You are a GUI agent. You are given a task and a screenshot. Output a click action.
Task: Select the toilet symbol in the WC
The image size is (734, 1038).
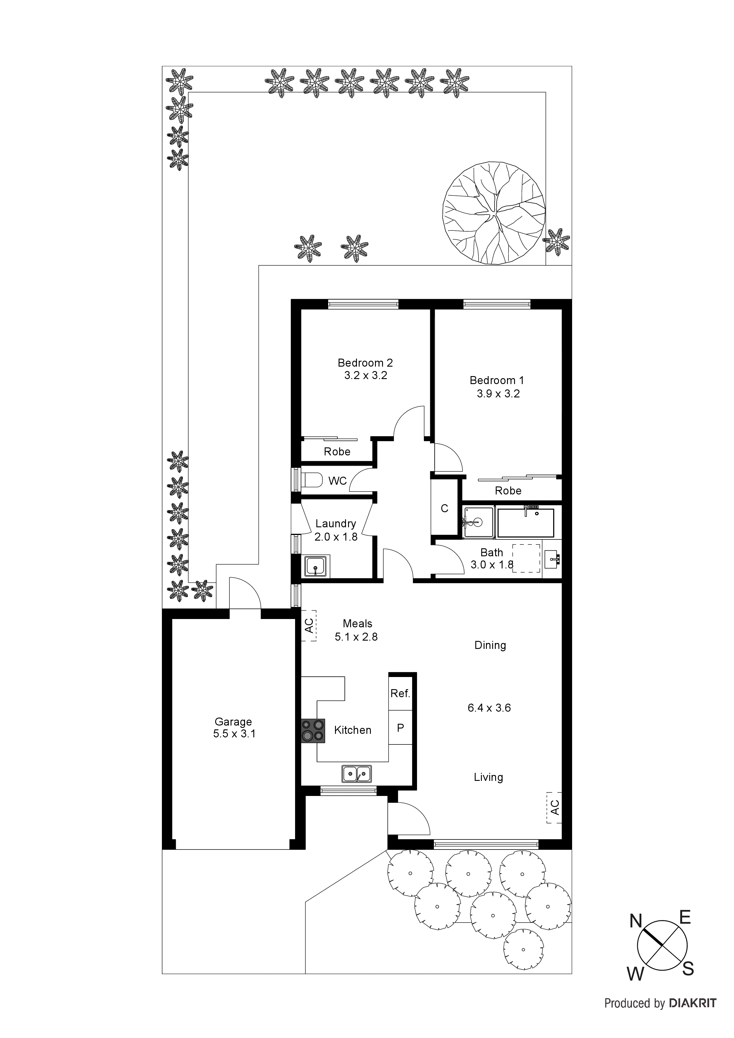pos(312,480)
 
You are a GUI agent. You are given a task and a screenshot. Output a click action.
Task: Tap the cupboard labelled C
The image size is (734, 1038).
pos(445,509)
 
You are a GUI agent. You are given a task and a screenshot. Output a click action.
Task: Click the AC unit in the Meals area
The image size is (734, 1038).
pos(309,626)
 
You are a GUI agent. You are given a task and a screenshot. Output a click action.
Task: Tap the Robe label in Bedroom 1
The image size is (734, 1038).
pos(508,491)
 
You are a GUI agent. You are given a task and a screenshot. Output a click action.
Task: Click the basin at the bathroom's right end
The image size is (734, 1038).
pos(552,559)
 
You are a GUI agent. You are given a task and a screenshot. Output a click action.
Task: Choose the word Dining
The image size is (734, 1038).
pos(490,645)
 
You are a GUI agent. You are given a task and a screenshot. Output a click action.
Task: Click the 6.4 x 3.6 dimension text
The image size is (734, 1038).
pos(489,708)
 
